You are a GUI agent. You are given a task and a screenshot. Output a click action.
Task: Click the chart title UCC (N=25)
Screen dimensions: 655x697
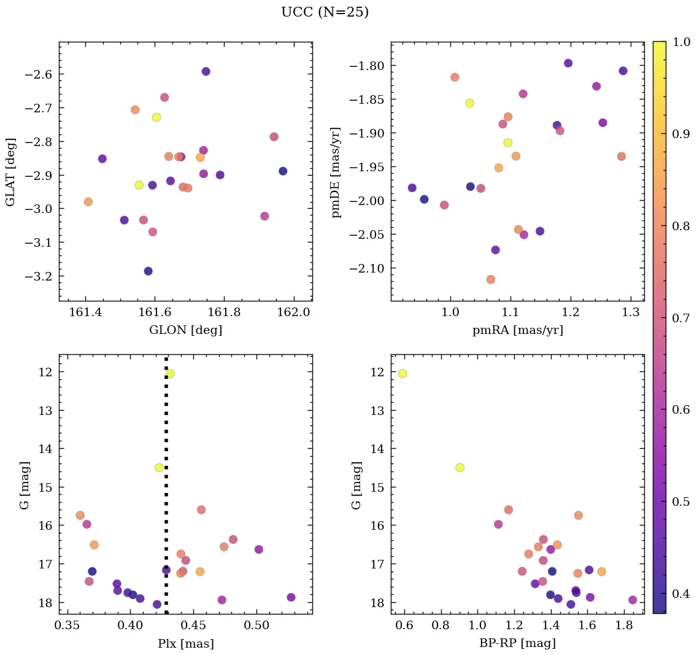325,12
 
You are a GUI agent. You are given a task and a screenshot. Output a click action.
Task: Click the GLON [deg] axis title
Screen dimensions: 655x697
185,330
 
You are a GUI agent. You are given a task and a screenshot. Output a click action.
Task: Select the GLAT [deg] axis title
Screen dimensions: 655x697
10,172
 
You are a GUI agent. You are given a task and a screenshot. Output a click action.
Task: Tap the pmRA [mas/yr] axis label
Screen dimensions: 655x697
517,330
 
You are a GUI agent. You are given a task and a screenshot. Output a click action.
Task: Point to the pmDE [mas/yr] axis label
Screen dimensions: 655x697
336,172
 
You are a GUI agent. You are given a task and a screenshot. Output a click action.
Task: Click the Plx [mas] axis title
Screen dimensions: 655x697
185,644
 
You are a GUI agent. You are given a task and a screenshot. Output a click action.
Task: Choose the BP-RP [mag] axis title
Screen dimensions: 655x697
517,644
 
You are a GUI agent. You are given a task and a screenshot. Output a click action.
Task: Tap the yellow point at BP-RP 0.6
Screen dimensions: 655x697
402,373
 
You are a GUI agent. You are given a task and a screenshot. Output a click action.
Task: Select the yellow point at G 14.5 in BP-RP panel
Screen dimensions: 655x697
460,467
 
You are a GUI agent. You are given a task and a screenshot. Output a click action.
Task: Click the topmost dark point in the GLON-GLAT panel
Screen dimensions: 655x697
206,71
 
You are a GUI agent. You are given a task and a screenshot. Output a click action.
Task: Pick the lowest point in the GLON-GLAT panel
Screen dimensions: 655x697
148,271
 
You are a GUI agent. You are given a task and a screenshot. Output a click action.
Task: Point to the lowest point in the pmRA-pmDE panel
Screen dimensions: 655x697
490,279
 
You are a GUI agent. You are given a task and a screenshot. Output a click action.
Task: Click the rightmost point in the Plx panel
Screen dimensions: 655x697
291,597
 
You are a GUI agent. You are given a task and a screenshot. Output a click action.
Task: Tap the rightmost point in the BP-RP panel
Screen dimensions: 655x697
633,600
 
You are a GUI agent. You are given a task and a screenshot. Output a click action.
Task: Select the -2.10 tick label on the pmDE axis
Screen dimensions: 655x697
368,268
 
